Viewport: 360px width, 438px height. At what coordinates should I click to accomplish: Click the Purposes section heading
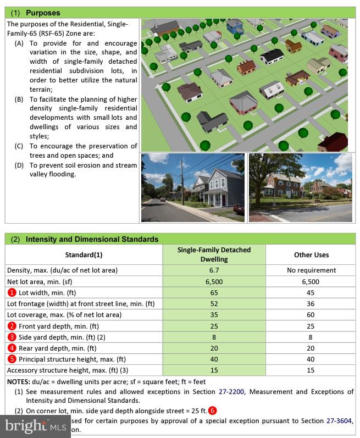43,13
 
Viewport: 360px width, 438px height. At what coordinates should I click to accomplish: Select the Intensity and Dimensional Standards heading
92,239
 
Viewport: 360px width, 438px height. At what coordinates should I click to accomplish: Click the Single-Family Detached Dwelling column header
214,254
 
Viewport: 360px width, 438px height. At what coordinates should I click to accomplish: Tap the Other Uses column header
311,254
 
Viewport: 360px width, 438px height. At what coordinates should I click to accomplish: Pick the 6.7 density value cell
214,270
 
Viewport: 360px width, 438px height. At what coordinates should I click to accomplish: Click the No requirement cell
311,270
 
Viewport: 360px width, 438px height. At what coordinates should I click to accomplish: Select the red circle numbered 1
12,292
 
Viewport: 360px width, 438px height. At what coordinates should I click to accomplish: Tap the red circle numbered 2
12,326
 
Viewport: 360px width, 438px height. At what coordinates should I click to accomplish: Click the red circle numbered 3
12,337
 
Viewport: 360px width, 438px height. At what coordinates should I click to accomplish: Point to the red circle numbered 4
12,348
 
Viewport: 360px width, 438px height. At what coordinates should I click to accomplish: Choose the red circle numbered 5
12,359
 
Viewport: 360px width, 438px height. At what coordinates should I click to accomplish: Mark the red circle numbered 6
213,411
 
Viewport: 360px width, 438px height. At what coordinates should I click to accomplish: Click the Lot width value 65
214,292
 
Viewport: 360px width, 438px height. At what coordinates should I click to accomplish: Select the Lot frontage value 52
214,304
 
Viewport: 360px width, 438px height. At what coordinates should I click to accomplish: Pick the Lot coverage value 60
311,315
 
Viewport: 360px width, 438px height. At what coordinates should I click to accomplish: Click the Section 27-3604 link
336,421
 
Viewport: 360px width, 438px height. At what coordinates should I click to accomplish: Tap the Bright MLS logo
35,425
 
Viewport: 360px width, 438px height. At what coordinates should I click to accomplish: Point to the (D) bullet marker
19,165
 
